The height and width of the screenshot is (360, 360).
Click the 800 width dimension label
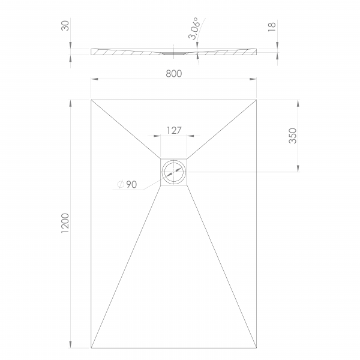click(174, 74)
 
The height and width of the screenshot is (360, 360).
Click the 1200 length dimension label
click(65, 223)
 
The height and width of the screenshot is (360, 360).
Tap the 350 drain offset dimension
click(293, 136)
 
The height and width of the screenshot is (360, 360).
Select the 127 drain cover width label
click(174, 130)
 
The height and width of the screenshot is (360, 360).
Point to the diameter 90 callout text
click(127, 184)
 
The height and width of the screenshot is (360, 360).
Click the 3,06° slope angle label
click(194, 28)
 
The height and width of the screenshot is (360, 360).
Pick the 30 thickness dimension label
click(65, 26)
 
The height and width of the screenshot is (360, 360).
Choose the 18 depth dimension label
click(272, 27)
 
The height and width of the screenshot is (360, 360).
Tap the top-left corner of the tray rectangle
click(91, 100)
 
